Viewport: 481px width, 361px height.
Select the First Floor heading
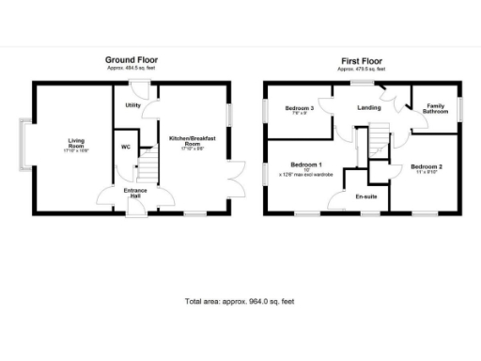(x=361, y=59)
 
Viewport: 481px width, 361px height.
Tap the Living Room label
(x=76, y=144)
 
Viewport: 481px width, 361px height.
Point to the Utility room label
(x=132, y=105)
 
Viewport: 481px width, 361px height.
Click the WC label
(x=125, y=147)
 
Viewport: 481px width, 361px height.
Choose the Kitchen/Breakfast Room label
(x=193, y=139)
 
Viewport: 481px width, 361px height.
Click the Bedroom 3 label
(x=299, y=108)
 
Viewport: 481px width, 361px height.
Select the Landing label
(x=368, y=107)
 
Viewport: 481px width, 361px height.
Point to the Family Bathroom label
(x=434, y=108)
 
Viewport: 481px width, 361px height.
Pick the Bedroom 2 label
(x=426, y=166)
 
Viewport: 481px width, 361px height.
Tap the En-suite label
(x=365, y=196)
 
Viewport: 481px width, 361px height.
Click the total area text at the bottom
(x=240, y=302)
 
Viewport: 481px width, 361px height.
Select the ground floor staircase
(x=147, y=170)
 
